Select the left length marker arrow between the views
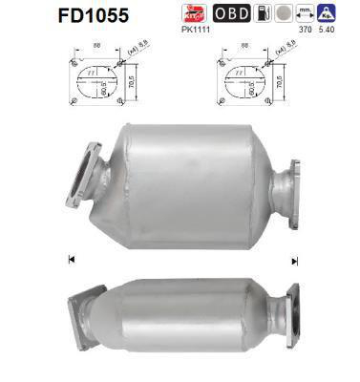pyautogui.click(x=73, y=259)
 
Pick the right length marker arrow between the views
pyautogui.click(x=295, y=260)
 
